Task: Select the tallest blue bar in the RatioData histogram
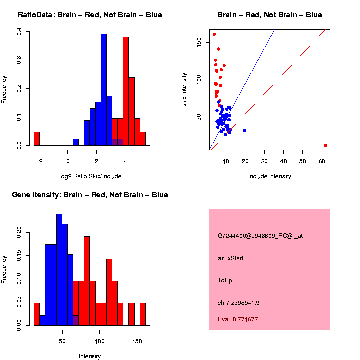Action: [x=104, y=90]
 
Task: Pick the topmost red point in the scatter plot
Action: [x=214, y=34]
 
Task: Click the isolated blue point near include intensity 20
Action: [x=245, y=130]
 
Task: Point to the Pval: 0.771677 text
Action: [x=238, y=319]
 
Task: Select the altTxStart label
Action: [x=231, y=258]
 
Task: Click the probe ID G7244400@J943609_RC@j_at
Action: [x=260, y=236]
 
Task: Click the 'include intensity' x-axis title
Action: [x=270, y=176]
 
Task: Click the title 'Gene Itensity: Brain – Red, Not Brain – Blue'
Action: [x=90, y=195]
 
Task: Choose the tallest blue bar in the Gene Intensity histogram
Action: [x=59, y=270]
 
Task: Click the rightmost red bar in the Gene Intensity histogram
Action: [x=143, y=314]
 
